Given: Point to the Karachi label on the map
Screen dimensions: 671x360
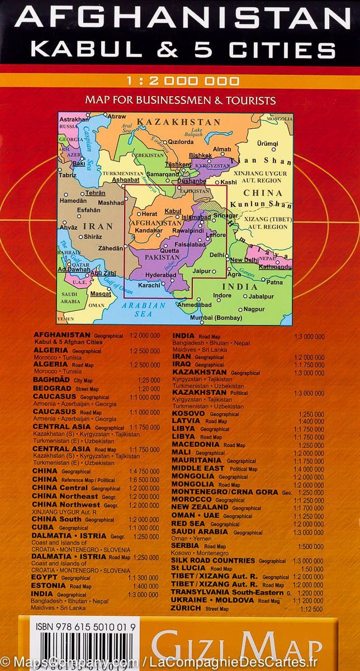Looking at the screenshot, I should coord(149,285).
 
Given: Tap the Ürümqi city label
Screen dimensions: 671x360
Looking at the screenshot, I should coord(267,144).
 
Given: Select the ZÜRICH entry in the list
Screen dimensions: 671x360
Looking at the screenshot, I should coord(187,608).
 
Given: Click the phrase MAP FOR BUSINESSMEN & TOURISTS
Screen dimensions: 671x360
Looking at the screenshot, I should coord(181,101).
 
